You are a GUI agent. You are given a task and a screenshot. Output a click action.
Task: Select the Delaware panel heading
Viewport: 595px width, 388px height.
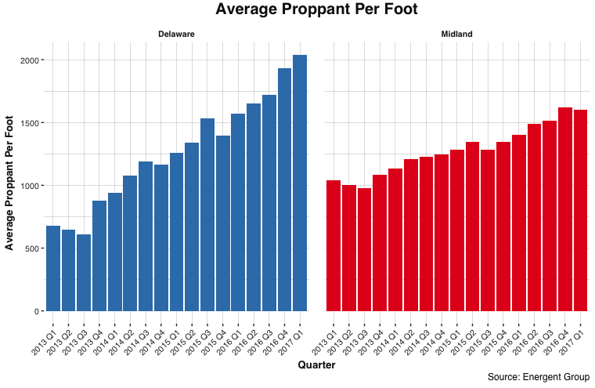point(176,34)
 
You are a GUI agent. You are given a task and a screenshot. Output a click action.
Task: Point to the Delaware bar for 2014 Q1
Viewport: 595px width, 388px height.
point(115,252)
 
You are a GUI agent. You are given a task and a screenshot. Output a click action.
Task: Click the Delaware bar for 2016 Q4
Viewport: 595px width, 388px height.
point(284,189)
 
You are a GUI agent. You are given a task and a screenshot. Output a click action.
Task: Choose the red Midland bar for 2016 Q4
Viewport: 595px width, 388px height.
point(564,209)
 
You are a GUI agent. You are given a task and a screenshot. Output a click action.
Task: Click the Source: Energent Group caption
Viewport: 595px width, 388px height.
point(538,378)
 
